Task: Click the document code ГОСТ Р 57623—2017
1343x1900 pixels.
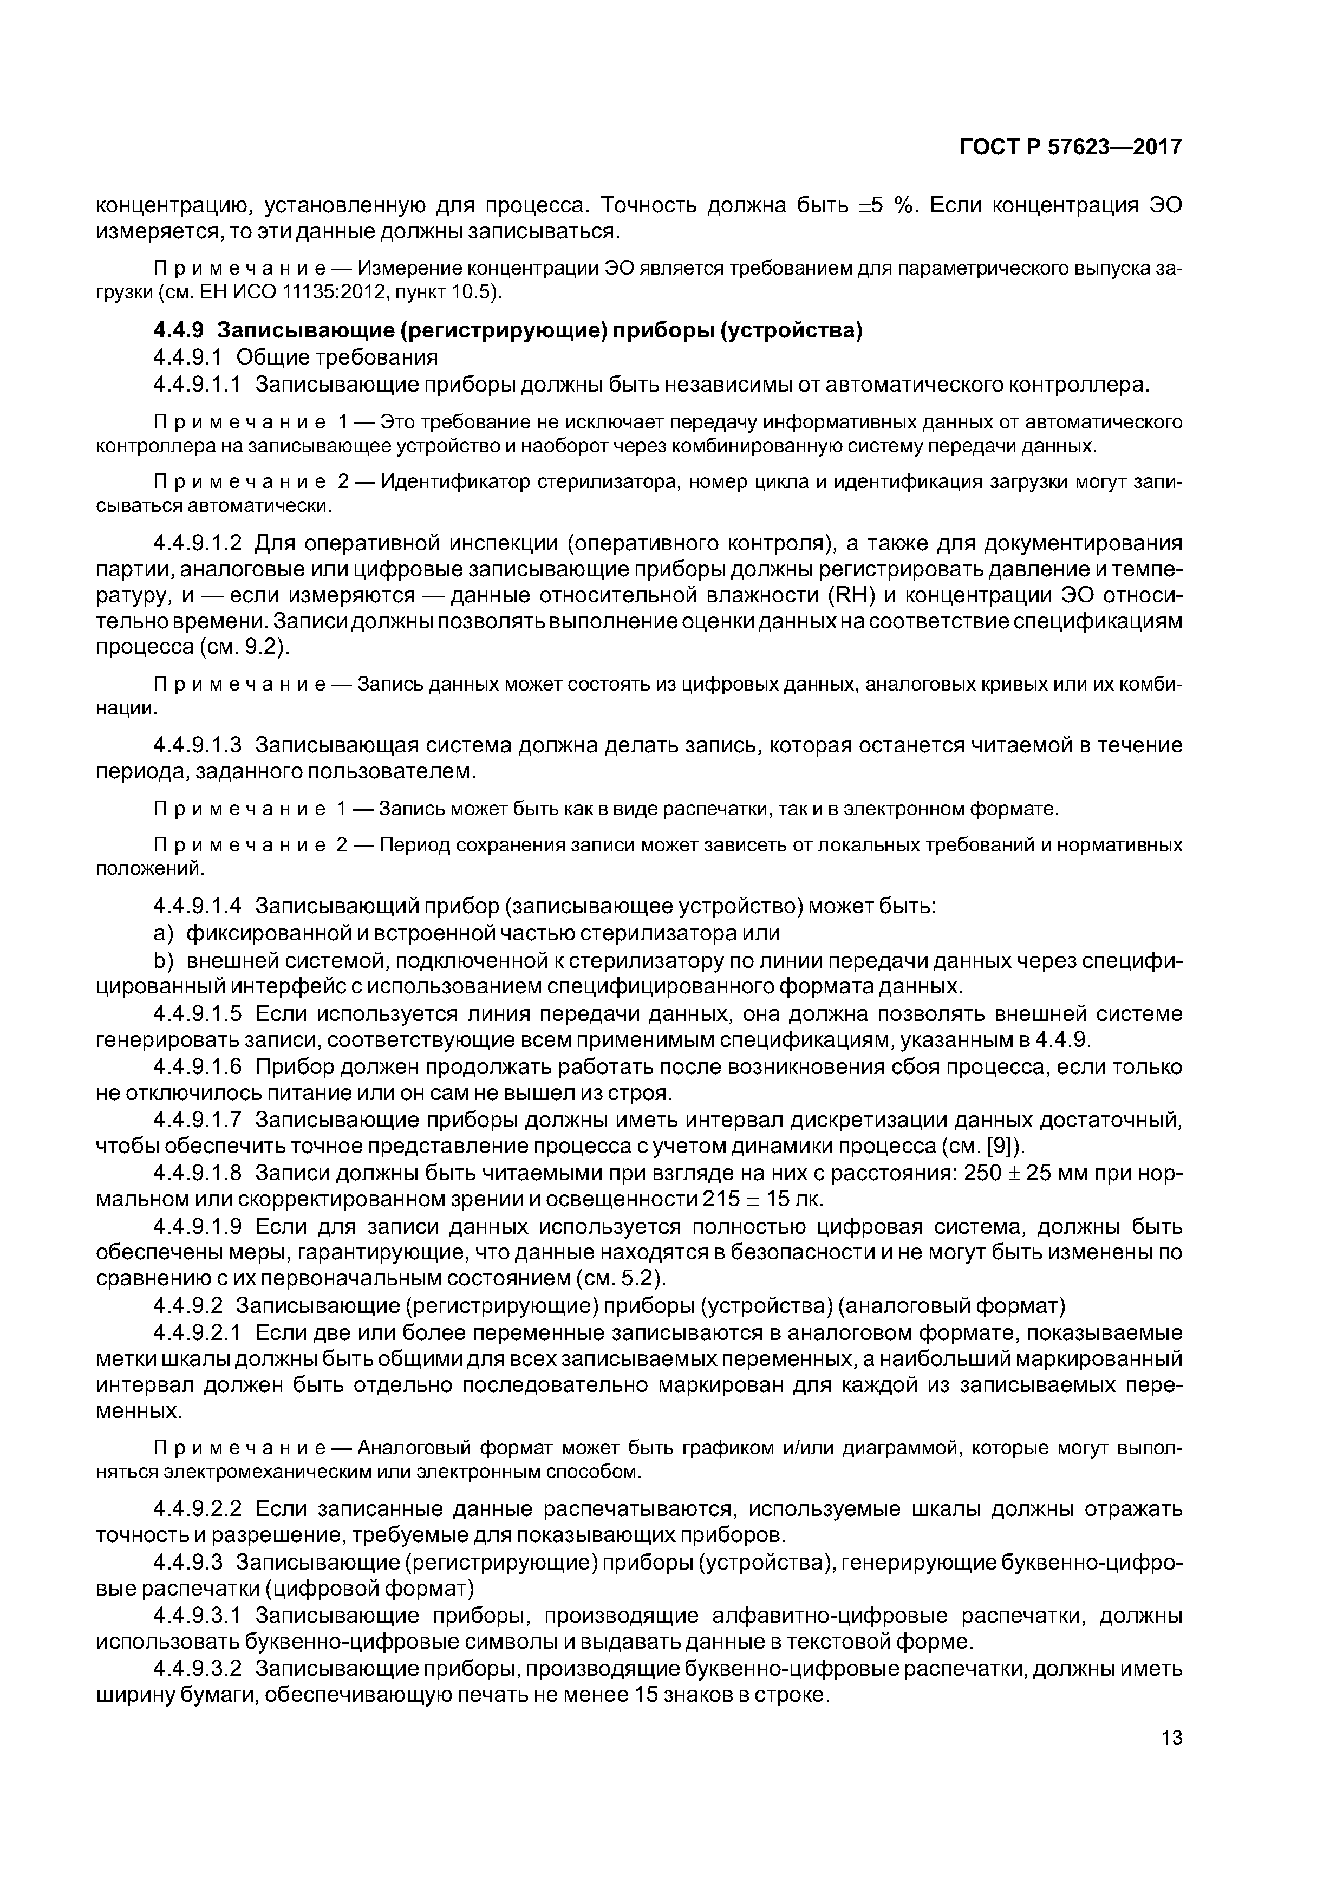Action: tap(1071, 147)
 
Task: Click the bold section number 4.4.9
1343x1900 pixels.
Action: tap(178, 330)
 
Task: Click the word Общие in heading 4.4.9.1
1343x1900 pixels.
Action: tap(271, 357)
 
